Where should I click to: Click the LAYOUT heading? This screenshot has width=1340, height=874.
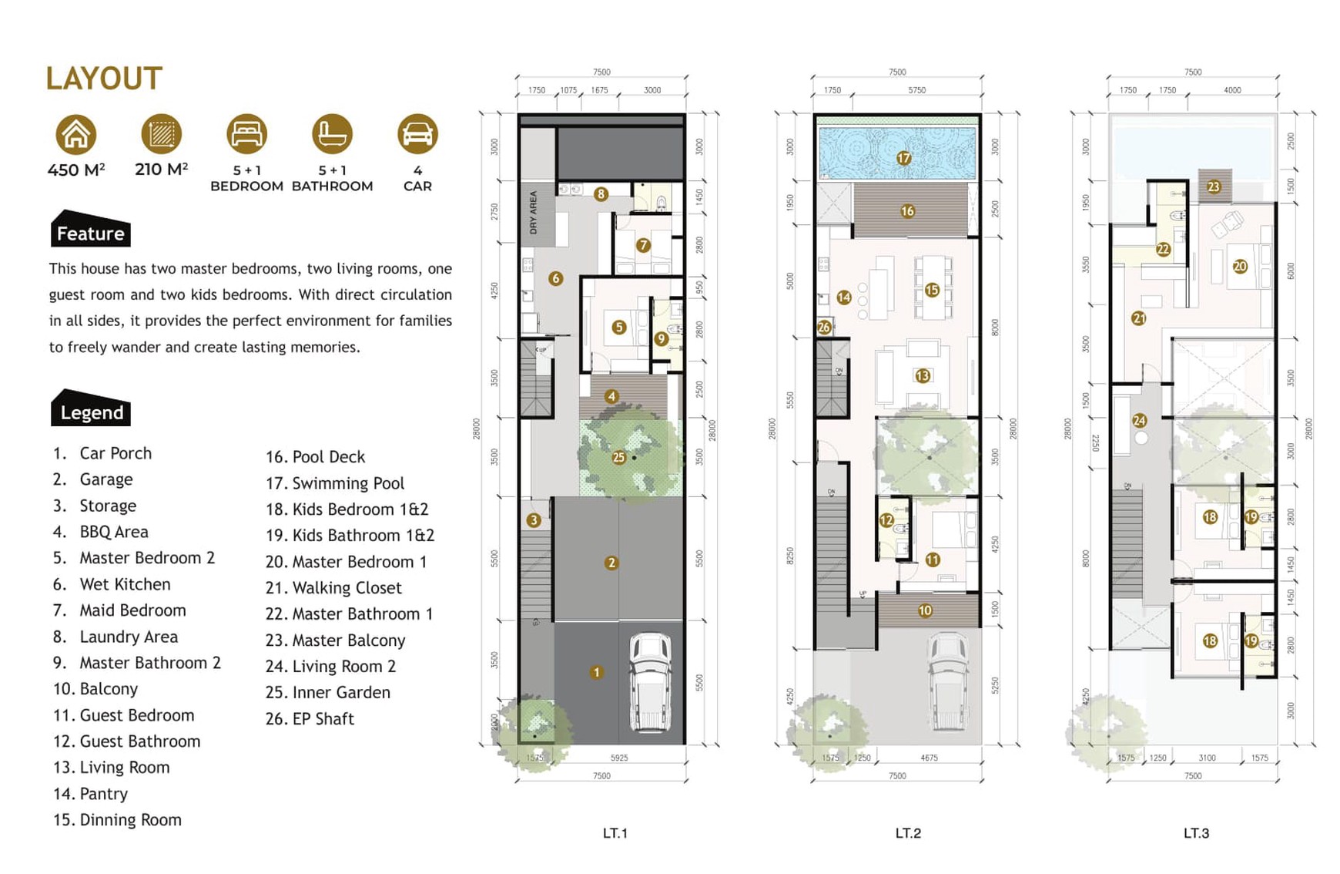click(x=104, y=79)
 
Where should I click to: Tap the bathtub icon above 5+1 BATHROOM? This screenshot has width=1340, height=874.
click(x=332, y=133)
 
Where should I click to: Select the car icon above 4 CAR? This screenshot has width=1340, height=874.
click(x=417, y=133)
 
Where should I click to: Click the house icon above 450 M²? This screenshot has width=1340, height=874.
click(x=75, y=134)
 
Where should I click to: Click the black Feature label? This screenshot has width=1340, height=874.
click(x=91, y=232)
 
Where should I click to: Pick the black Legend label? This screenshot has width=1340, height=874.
click(x=91, y=411)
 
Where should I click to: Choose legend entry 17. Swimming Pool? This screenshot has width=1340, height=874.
click(x=335, y=483)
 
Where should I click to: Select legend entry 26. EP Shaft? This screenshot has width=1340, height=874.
click(x=310, y=719)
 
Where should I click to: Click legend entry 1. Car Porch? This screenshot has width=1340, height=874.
click(x=102, y=453)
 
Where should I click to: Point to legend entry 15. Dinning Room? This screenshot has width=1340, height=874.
click(x=117, y=820)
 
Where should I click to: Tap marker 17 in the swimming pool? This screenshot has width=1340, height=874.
click(x=903, y=158)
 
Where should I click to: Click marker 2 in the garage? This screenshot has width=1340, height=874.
click(x=611, y=563)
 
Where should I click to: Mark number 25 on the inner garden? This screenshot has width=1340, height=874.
click(x=618, y=458)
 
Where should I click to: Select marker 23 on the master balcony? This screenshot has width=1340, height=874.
click(x=1214, y=187)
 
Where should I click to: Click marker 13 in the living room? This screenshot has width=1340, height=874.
click(x=922, y=375)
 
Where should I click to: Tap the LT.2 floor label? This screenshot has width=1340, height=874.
click(x=908, y=833)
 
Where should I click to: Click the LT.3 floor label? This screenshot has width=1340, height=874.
click(x=1196, y=833)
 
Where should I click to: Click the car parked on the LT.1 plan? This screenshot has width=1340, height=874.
click(x=651, y=682)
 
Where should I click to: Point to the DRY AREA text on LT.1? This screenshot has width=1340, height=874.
click(x=533, y=213)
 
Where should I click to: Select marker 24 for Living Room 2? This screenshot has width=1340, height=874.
click(x=1139, y=420)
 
